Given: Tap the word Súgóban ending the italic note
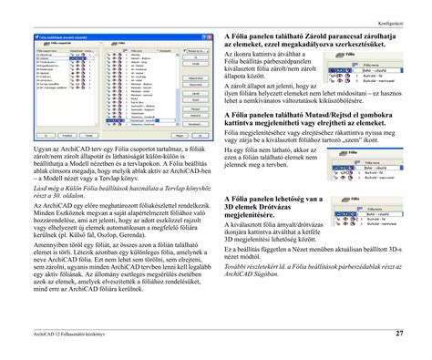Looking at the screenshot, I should coord(283,310).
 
